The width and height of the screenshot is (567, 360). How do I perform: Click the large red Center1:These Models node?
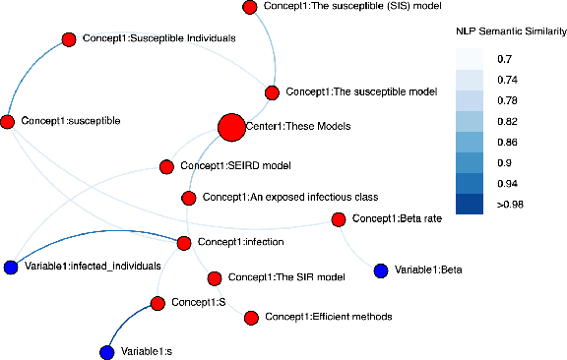(x=230, y=127)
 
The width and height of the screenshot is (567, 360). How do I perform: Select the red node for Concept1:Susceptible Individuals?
(x=69, y=39)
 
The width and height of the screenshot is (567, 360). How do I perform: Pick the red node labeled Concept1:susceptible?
(x=8, y=121)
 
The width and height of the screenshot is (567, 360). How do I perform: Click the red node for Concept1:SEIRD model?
(x=166, y=166)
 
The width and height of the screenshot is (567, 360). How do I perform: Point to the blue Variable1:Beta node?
(x=381, y=270)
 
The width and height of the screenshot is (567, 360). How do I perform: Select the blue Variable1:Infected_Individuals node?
(x=11, y=267)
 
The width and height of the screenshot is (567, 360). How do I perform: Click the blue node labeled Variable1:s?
(x=107, y=351)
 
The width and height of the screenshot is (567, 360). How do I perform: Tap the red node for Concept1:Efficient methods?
(x=250, y=318)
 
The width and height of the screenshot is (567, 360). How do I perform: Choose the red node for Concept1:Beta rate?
(x=339, y=218)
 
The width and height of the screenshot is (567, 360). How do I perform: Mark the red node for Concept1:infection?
(x=183, y=241)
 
